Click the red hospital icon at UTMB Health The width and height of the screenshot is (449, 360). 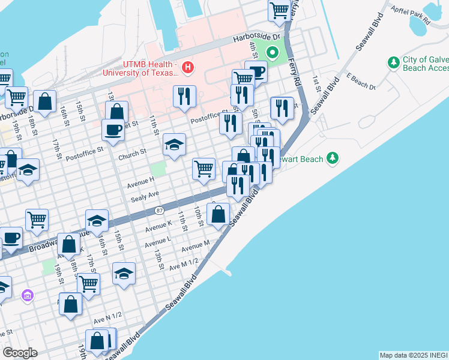pyautogui.click(x=188, y=66)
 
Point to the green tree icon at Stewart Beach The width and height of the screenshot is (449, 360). pyautogui.click(x=332, y=158)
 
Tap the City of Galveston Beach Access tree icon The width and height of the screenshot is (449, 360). pyautogui.click(x=393, y=62)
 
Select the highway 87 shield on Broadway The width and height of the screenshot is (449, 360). pyautogui.click(x=158, y=211)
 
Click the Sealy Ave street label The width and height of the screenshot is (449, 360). pyautogui.click(x=145, y=194)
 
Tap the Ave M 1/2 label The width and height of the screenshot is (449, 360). pyautogui.click(x=183, y=263)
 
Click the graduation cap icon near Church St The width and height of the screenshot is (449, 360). pyautogui.click(x=174, y=145)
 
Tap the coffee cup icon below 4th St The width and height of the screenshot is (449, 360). pyautogui.click(x=256, y=72)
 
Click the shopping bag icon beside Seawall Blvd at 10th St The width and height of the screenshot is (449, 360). pyautogui.click(x=218, y=213)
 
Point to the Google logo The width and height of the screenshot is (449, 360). pyautogui.click(x=19, y=353)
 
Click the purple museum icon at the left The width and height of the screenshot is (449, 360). pyautogui.click(x=26, y=295)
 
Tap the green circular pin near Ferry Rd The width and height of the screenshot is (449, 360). pyautogui.click(x=273, y=53)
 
